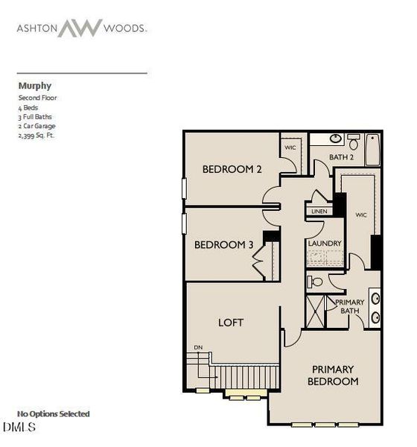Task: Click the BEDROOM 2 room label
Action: point(232,169)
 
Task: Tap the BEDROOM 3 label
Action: point(223,245)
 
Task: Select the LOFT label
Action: point(231,323)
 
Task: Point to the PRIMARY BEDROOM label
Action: point(333,375)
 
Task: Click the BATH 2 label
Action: point(341,157)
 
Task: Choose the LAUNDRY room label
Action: point(325,244)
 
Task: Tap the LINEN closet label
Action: point(319,212)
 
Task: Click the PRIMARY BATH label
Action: point(350,306)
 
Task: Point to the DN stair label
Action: point(198,347)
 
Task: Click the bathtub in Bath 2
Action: point(373,150)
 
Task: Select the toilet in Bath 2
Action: point(354,142)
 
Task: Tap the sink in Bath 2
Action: point(336,139)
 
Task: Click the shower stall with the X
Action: point(315,311)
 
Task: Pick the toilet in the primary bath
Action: point(315,282)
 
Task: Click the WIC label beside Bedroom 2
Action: point(290,148)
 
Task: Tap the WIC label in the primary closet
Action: point(361,215)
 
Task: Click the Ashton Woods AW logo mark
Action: point(80,28)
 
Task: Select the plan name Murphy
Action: point(35,86)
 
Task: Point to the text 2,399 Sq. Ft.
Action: point(36,136)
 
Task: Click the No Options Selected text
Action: point(54,413)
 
